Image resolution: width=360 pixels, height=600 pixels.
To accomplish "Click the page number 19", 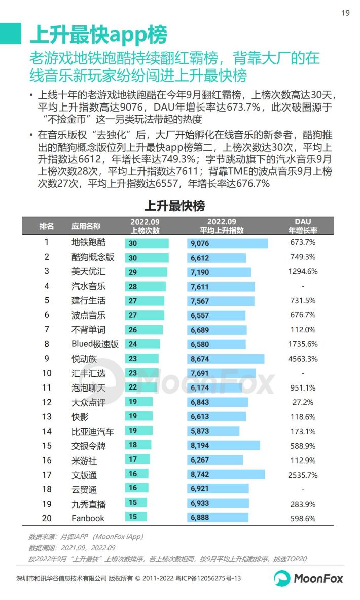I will [345, 13].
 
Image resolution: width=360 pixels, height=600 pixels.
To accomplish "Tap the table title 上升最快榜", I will [174, 206].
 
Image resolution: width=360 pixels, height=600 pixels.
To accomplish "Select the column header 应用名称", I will [86, 226].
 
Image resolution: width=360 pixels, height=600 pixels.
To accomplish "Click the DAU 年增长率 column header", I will [303, 226].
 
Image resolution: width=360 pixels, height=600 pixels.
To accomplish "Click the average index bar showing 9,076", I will [227, 243].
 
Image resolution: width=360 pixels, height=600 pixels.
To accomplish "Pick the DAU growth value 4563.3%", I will [303, 359].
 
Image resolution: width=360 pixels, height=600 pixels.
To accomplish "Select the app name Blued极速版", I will [95, 344].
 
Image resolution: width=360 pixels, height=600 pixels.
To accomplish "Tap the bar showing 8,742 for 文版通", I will [226, 474].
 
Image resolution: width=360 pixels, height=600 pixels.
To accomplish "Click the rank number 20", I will [47, 518].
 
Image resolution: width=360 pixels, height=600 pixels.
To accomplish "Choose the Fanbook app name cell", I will [88, 518].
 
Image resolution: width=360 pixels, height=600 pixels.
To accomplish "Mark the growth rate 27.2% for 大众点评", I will [303, 402].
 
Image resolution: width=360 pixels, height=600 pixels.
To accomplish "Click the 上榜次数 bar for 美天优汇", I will [146, 272].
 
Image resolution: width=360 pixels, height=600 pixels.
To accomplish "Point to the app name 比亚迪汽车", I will [93, 432].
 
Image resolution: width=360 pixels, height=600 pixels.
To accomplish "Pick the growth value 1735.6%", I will [303, 344].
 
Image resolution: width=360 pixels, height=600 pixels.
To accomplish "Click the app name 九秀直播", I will [89, 504].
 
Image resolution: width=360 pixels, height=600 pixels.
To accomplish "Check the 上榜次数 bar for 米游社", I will [137, 460].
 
